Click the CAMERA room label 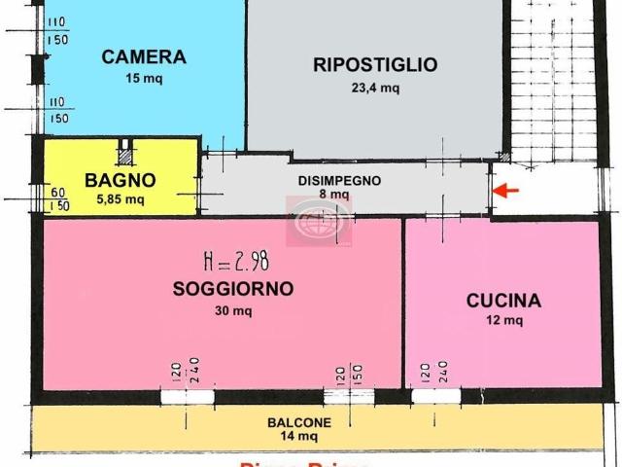(x=143, y=57)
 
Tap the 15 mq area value (x=143, y=79)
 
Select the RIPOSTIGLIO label (x=374, y=65)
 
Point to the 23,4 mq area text (x=374, y=88)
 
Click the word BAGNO (x=120, y=180)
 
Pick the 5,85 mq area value (x=120, y=199)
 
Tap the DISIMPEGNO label (x=339, y=180)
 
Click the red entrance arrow (x=506, y=191)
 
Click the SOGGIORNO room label (x=232, y=289)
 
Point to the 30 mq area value (x=232, y=311)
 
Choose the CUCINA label (x=502, y=301)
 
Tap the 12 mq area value (x=502, y=321)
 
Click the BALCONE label (x=299, y=422)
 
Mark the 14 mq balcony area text (x=299, y=437)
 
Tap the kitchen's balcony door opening (x=434, y=396)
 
